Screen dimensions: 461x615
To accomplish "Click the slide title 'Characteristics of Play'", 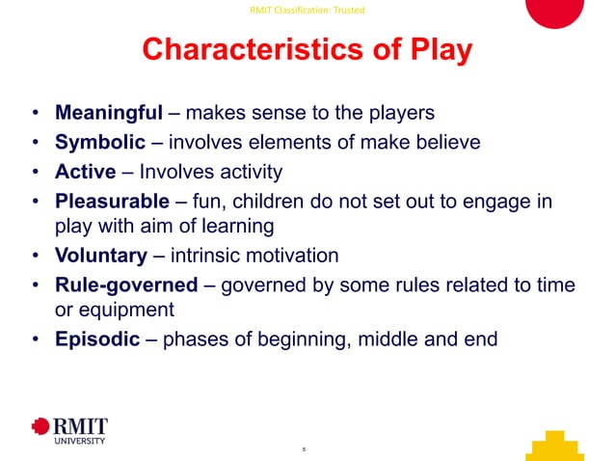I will tap(307, 50).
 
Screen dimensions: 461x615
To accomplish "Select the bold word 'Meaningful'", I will tap(109, 113).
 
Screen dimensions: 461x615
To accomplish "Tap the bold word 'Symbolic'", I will tap(100, 143).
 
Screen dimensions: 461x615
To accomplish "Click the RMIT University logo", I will tap(69, 431).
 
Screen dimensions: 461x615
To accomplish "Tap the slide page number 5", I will tap(304, 449).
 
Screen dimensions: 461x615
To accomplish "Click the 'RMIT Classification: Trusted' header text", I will tap(307, 10).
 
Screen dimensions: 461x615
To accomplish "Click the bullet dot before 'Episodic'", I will tap(35, 339).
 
